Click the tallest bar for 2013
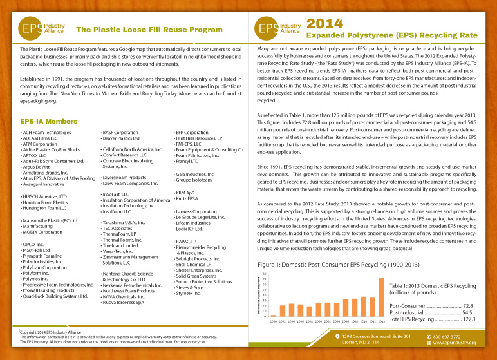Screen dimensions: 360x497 381,297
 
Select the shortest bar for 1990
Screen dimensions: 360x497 274,316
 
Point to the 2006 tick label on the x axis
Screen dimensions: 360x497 346,320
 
